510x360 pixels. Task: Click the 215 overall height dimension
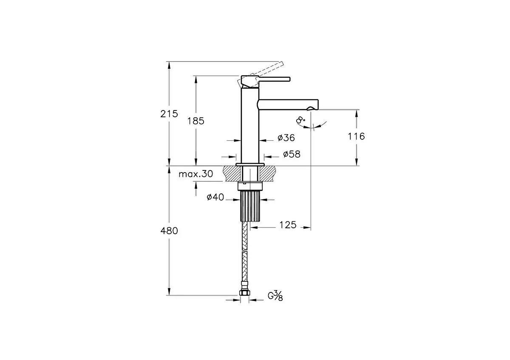point(169,113)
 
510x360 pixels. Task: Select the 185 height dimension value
point(196,121)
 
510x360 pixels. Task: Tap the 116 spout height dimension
point(356,136)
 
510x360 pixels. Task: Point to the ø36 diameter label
point(286,138)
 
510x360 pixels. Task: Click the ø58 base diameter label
point(291,154)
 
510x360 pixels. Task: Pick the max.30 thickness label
point(195,174)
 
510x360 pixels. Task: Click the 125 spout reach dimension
point(288,225)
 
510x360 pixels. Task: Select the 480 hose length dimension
point(169,231)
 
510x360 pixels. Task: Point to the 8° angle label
point(301,121)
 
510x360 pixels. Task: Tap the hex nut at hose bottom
point(244,293)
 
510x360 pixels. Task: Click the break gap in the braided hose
point(244,250)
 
